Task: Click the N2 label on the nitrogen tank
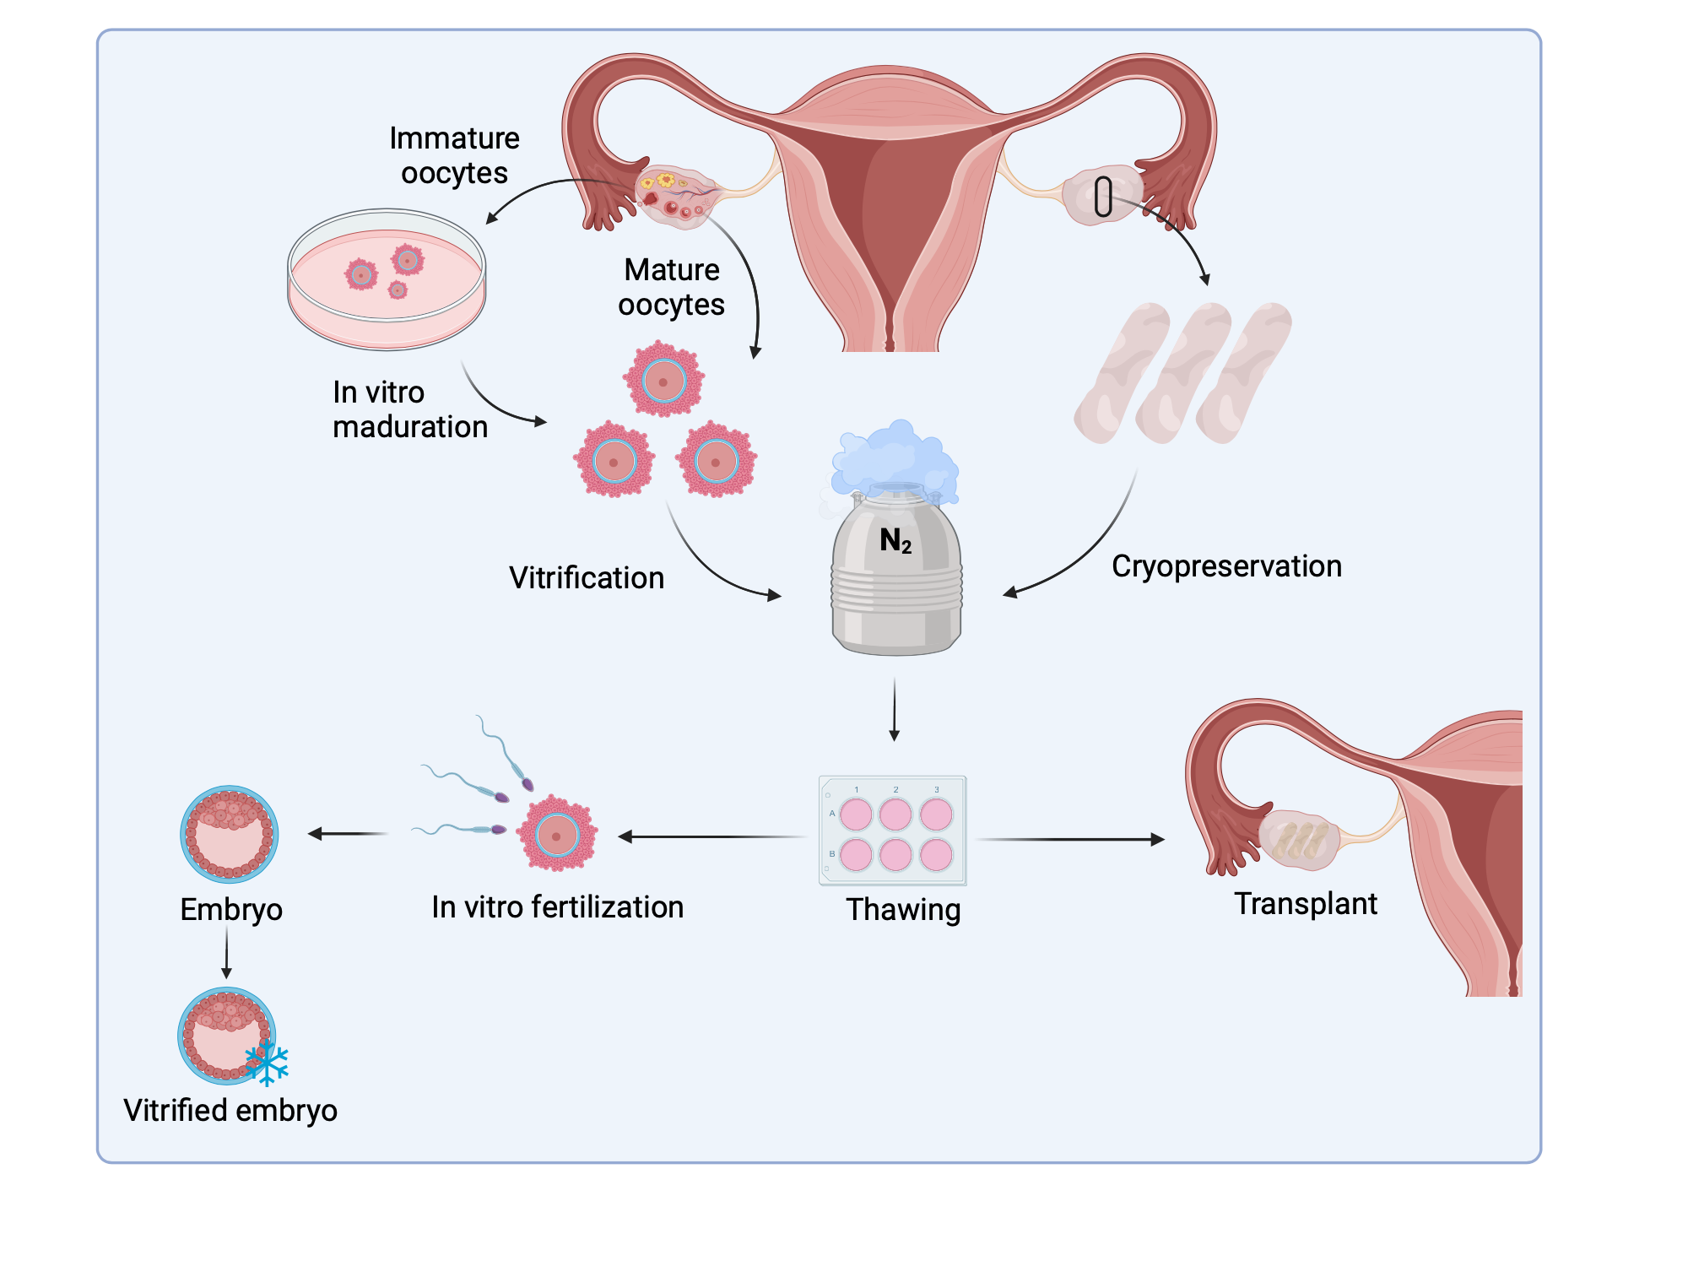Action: (895, 540)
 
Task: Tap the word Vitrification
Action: (587, 578)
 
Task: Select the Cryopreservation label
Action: (1226, 566)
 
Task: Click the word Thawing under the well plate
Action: (903, 910)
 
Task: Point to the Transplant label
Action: (1305, 904)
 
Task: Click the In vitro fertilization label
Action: (557, 907)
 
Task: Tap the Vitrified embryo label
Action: (230, 1111)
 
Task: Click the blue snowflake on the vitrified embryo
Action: (268, 1063)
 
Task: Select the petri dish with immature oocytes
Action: (387, 279)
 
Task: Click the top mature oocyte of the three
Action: (664, 380)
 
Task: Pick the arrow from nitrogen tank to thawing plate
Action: (895, 709)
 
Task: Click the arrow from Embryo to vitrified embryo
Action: (226, 952)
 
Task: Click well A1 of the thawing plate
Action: (856, 815)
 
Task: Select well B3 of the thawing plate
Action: (936, 855)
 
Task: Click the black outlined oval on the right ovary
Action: (1103, 196)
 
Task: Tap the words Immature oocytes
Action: (454, 155)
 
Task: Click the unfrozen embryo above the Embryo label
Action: (230, 834)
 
